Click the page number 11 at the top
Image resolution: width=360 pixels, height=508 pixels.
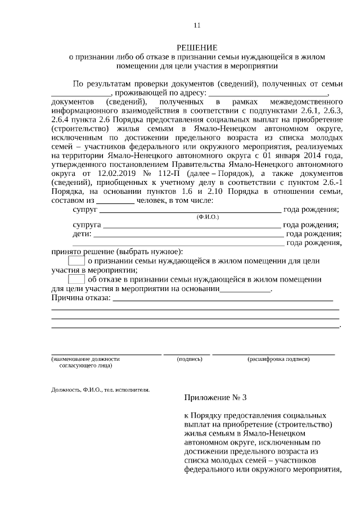pyautogui.click(x=196, y=25)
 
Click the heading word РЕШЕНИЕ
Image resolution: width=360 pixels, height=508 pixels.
pyautogui.click(x=196, y=47)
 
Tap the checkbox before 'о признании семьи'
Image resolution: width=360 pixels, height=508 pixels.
pyautogui.click(x=76, y=261)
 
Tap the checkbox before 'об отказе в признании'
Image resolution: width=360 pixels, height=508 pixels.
pyautogui.click(x=76, y=279)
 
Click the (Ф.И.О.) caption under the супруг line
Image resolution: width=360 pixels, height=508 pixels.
pyautogui.click(x=208, y=217)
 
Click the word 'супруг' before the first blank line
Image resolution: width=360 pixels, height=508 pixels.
pyautogui.click(x=85, y=210)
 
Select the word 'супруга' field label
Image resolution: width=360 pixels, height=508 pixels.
pyautogui.click(x=87, y=225)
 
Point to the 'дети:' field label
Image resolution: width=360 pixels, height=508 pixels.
pyautogui.click(x=82, y=234)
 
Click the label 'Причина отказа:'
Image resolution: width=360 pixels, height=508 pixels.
pyautogui.click(x=80, y=297)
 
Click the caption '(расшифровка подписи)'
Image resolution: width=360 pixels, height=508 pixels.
pyautogui.click(x=278, y=358)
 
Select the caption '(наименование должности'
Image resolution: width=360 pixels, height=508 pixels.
pyautogui.click(x=85, y=358)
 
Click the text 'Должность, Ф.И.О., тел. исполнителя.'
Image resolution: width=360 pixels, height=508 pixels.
pyautogui.click(x=100, y=389)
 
